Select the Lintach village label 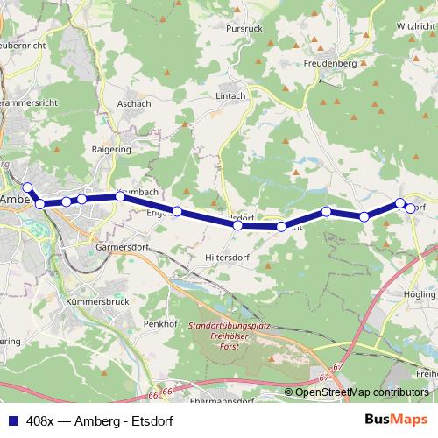click(230, 96)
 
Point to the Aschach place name click(133, 103)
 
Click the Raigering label click(112, 149)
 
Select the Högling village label click(420, 294)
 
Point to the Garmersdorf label click(118, 248)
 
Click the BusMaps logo click(397, 419)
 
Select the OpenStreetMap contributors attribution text click(362, 392)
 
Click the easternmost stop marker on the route click(410, 208)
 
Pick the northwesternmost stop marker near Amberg click(27, 187)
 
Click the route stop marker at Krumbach click(120, 196)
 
